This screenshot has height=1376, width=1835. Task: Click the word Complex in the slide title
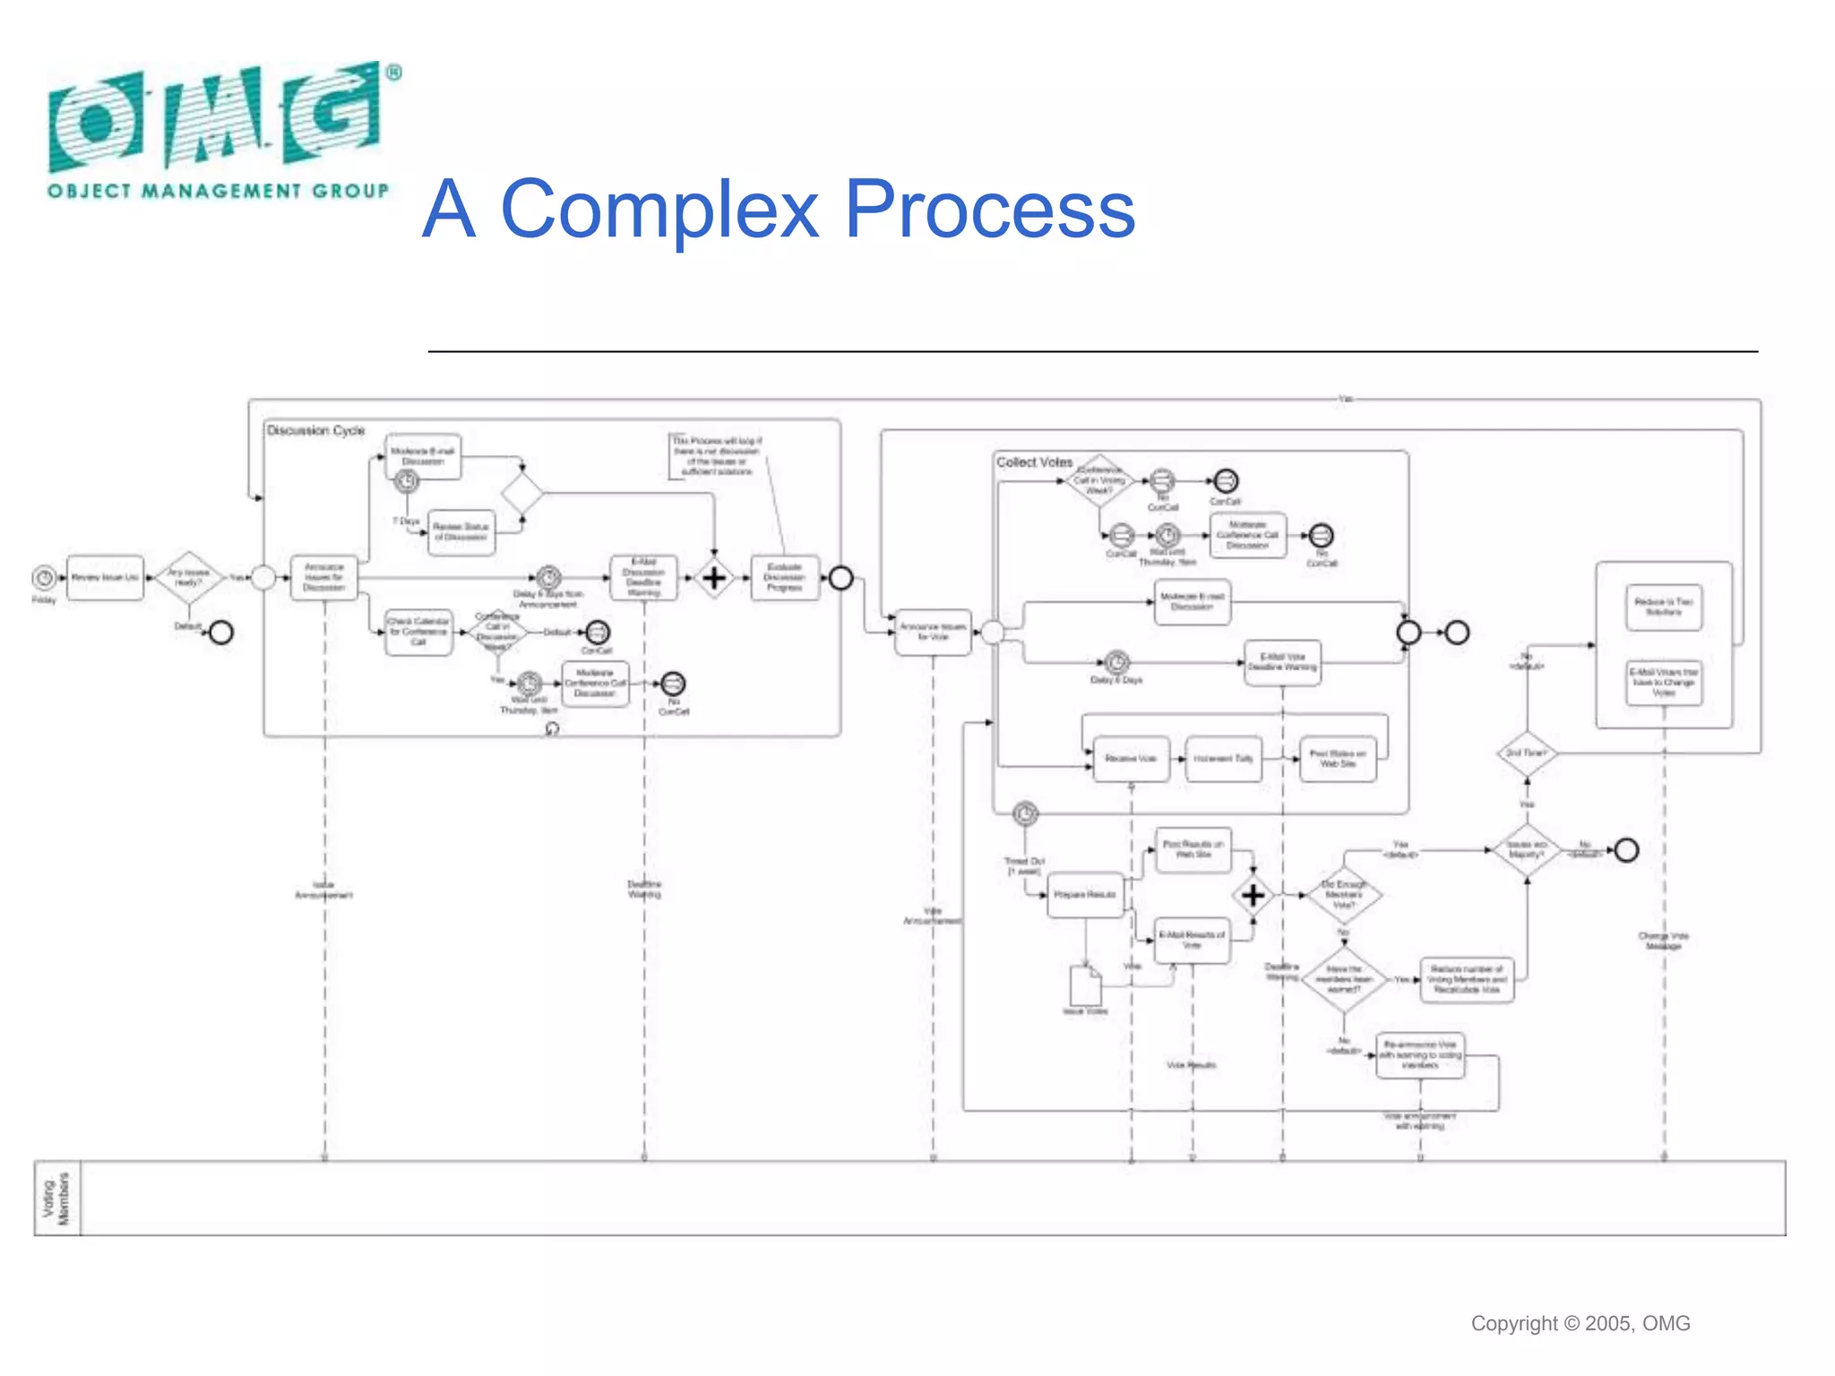pyautogui.click(x=659, y=209)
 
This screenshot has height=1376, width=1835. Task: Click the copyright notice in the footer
pyautogui.click(x=1580, y=1323)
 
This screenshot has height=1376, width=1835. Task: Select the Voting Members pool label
pyautogui.click(x=56, y=1198)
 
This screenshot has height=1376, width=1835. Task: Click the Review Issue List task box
pyautogui.click(x=106, y=578)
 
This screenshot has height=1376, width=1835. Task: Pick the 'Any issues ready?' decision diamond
pyautogui.click(x=188, y=578)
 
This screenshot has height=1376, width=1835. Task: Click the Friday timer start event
pyautogui.click(x=44, y=578)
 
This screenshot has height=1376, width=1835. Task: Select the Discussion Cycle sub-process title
pyautogui.click(x=315, y=431)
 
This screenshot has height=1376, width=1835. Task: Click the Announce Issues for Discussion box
pyautogui.click(x=323, y=578)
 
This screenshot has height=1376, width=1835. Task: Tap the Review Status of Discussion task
pyautogui.click(x=461, y=532)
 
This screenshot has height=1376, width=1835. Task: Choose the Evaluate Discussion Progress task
pyautogui.click(x=784, y=578)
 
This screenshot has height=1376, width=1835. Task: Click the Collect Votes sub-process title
pyautogui.click(x=1034, y=462)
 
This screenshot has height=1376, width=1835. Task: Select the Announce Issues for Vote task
pyautogui.click(x=933, y=632)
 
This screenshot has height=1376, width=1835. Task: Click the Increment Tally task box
pyautogui.click(x=1223, y=759)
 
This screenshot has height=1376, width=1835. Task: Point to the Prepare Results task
pyautogui.click(x=1085, y=895)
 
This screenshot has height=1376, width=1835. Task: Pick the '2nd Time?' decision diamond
pyautogui.click(x=1527, y=753)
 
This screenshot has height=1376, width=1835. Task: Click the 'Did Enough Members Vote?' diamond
pyautogui.click(x=1343, y=894)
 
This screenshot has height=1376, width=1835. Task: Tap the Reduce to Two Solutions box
pyautogui.click(x=1664, y=606)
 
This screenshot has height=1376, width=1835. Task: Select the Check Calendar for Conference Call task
pyautogui.click(x=418, y=632)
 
